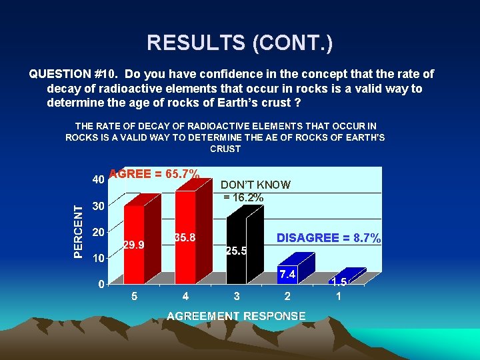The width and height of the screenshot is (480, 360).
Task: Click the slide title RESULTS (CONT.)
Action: (240, 43)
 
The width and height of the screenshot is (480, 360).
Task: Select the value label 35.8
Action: (185, 237)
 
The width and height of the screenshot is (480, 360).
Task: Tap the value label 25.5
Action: (237, 251)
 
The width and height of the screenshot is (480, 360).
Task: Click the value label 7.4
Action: (287, 274)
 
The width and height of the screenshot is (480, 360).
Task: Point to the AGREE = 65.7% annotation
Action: (154, 174)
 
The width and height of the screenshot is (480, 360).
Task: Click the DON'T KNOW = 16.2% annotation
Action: (255, 191)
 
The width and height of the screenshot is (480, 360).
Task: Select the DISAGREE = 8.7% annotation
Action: (329, 238)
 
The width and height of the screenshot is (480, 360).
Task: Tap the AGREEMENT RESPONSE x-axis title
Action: (236, 316)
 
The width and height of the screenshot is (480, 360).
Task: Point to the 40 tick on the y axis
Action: (97, 180)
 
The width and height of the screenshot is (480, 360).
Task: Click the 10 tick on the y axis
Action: (97, 258)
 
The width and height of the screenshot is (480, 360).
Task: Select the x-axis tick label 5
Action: (134, 296)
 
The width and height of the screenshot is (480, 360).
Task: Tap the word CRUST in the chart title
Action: (225, 149)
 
